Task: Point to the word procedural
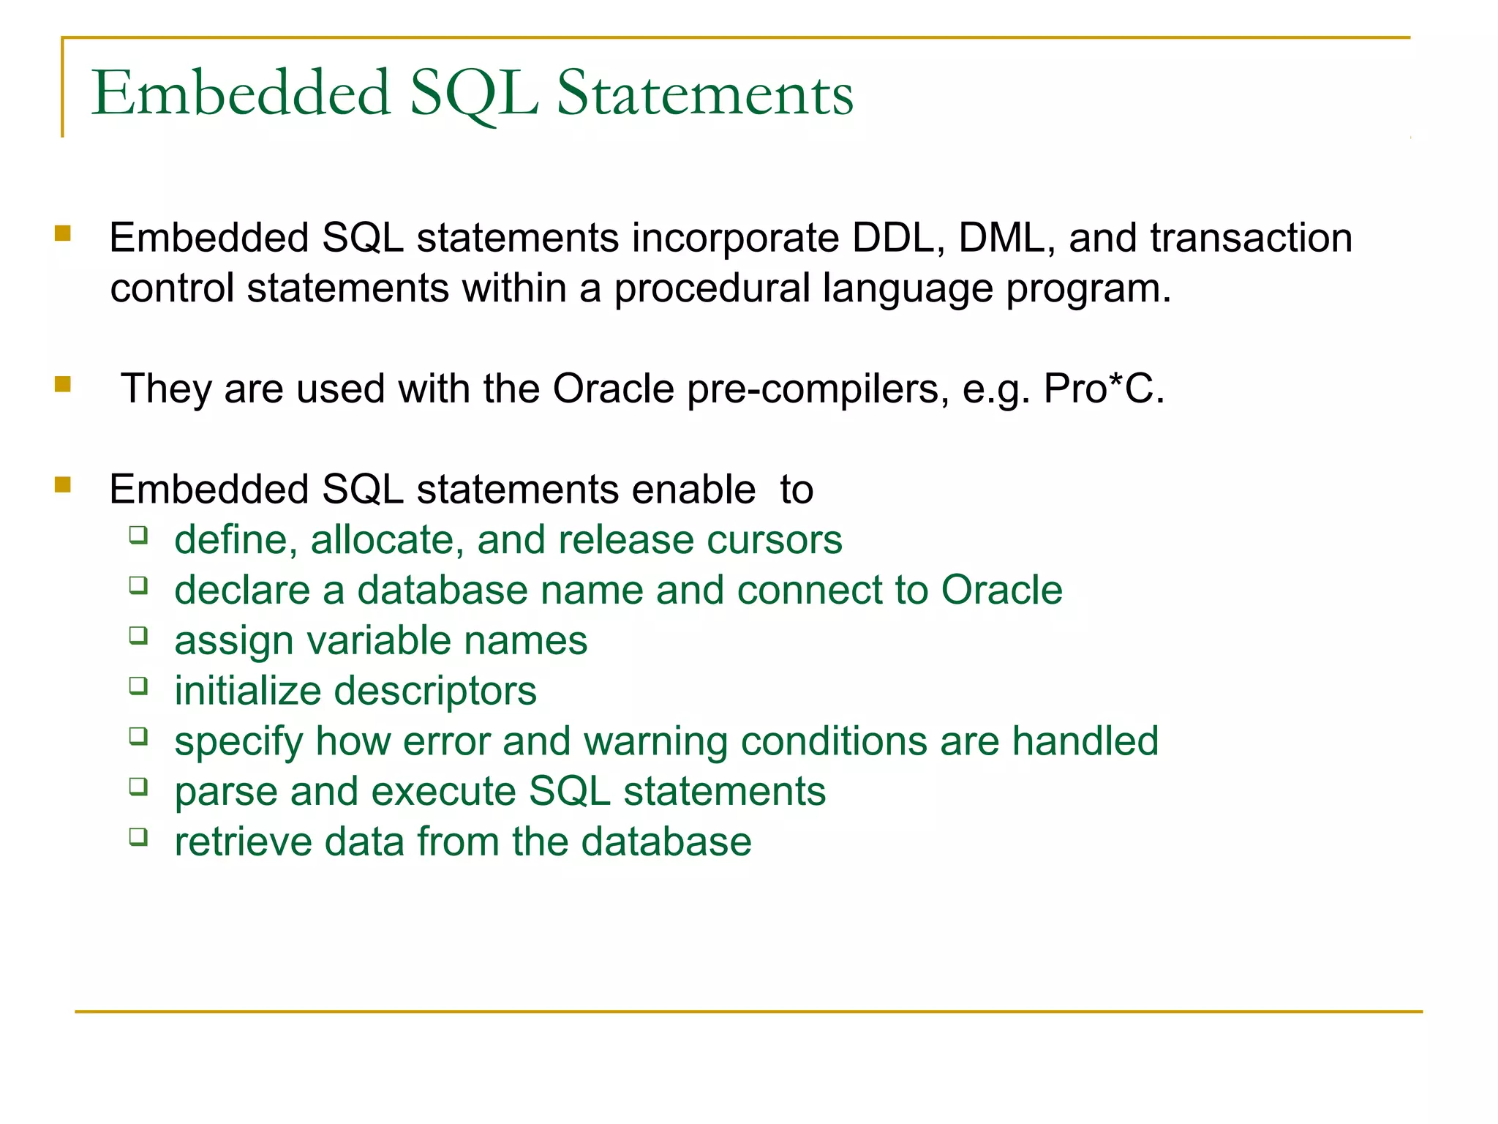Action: pyautogui.click(x=712, y=288)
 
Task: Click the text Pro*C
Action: pyautogui.click(x=1103, y=388)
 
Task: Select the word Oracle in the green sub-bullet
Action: pyautogui.click(x=1001, y=590)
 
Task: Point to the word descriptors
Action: pyautogui.click(x=435, y=691)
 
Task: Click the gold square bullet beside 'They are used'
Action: pyautogui.click(x=63, y=384)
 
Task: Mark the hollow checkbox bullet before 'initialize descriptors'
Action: pyautogui.click(x=138, y=686)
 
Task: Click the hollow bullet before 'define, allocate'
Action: pyautogui.click(x=138, y=535)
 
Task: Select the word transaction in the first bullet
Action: pyautogui.click(x=1251, y=238)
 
